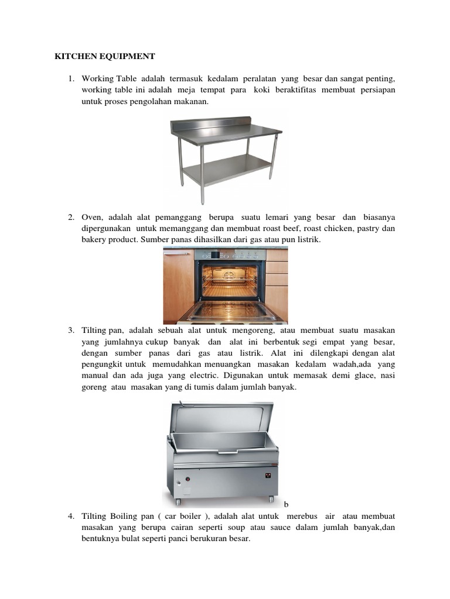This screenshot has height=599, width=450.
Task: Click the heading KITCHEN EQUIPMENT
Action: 104,57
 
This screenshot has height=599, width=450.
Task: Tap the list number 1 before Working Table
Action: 70,78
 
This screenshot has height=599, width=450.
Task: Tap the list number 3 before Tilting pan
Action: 70,331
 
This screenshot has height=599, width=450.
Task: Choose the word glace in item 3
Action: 353,376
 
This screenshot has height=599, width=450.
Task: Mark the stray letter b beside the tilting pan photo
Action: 286,504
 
